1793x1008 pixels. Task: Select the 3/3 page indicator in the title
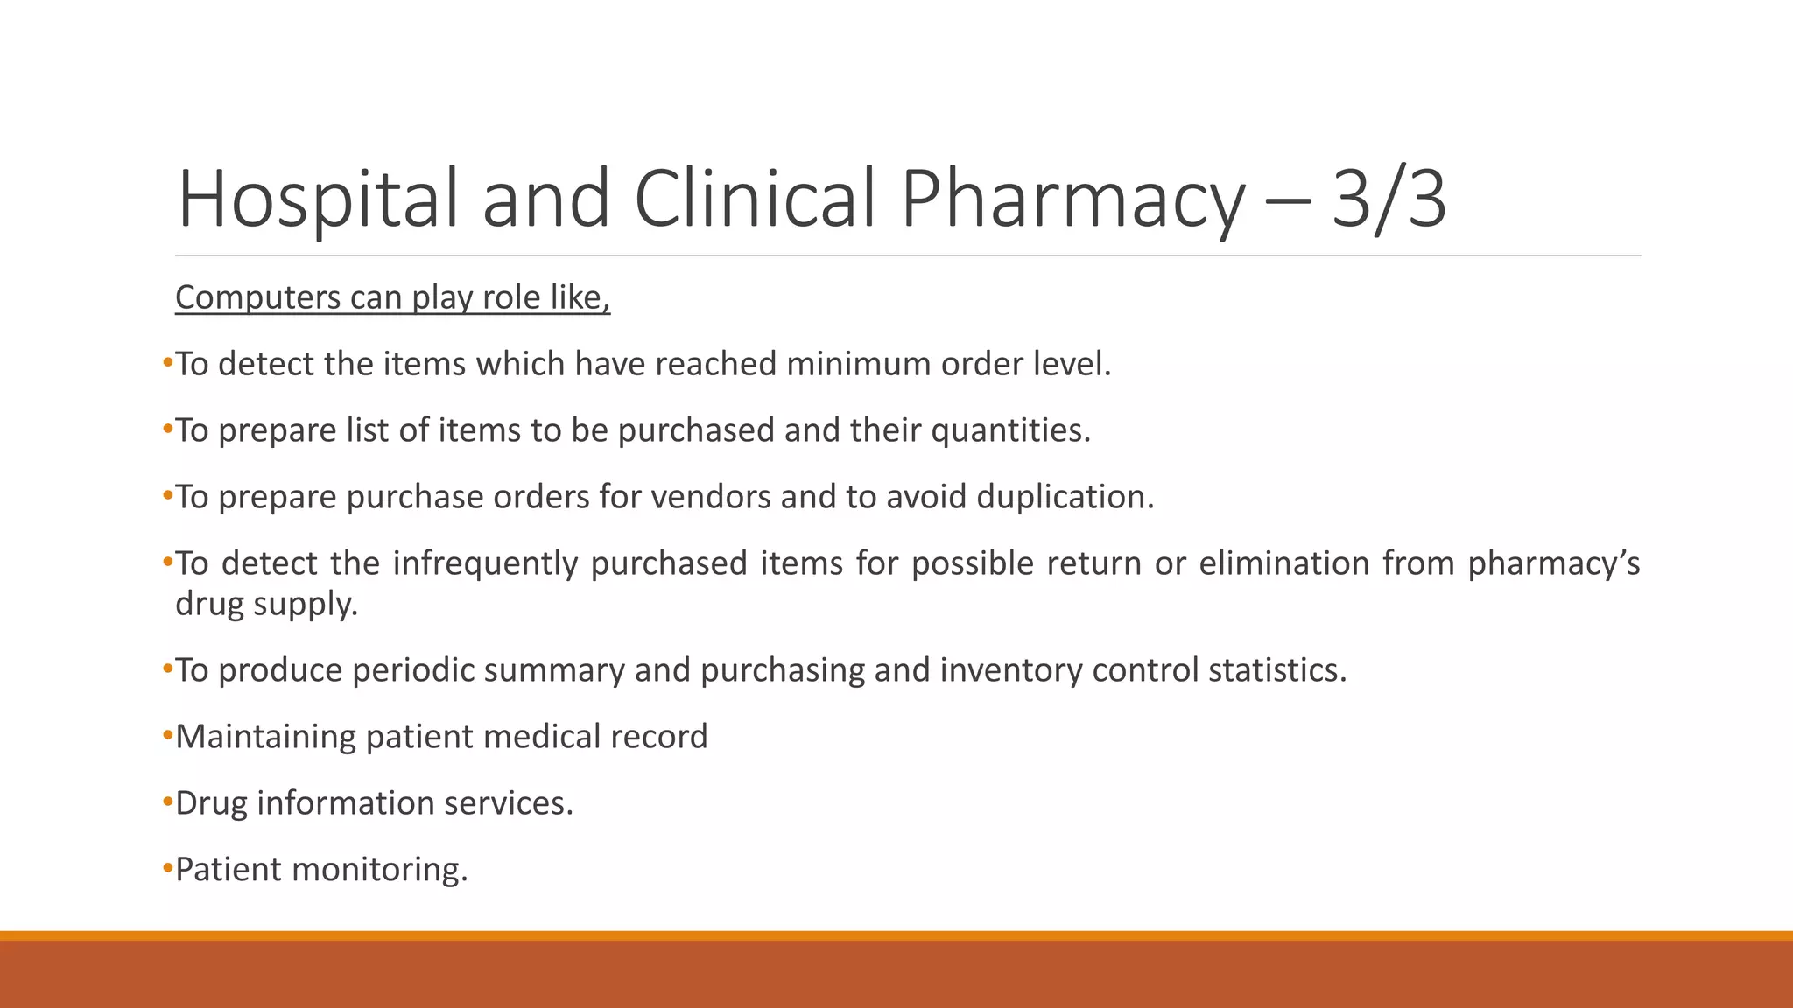(x=1389, y=199)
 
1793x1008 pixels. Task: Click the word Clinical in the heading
(x=755, y=199)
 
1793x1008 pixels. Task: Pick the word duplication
(x=1065, y=497)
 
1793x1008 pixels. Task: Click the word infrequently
(x=485, y=563)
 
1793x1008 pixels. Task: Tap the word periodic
(x=411, y=670)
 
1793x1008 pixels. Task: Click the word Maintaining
(x=265, y=737)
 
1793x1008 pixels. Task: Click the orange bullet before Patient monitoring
(x=168, y=868)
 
